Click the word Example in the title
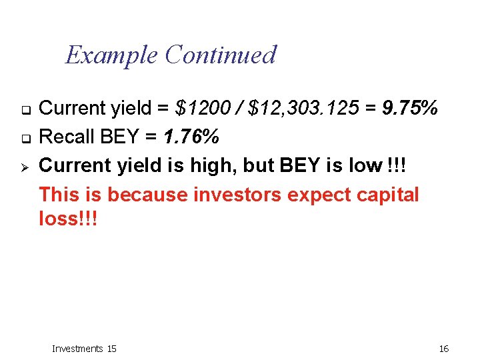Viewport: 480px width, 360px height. pos(111,55)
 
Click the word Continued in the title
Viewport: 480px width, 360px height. pos(220,55)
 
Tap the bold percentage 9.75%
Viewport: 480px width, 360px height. pos(410,108)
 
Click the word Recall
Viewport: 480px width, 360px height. pos(67,137)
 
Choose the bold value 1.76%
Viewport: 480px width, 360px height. pos(191,137)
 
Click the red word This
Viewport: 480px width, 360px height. pos(58,195)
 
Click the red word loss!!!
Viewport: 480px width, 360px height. pos(68,219)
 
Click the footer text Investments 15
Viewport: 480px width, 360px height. pos(84,349)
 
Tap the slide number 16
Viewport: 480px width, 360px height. pos(444,349)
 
